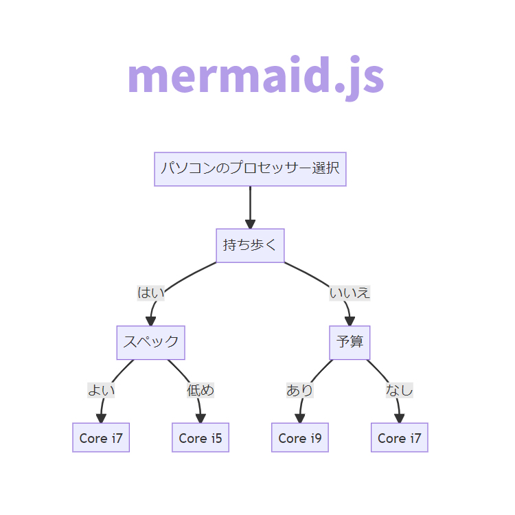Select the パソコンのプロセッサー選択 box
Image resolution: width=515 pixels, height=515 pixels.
coord(250,169)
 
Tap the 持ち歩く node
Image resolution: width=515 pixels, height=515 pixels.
coord(250,245)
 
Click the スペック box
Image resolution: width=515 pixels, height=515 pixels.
coord(150,342)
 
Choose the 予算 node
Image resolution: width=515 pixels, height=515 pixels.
coord(350,342)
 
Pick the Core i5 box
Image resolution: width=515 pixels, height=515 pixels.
coord(200,437)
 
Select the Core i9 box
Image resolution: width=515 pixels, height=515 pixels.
coord(300,437)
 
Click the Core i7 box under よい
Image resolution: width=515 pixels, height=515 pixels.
coord(101,437)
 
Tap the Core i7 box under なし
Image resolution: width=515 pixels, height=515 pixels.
coord(400,437)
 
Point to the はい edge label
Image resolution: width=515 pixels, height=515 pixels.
coord(151,293)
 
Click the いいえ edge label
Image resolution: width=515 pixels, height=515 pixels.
coord(350,293)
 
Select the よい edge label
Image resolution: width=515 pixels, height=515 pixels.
coord(101,390)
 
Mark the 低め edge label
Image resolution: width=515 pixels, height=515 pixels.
coord(201,390)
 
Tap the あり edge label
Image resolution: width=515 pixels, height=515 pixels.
coord(299,390)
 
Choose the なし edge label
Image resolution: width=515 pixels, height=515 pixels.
coord(399,390)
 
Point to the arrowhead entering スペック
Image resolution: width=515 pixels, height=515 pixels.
coord(151,321)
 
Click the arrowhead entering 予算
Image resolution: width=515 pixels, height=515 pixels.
coord(350,321)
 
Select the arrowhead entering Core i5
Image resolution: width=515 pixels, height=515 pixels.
coord(201,418)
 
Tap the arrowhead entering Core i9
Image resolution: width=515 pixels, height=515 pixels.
coord(299,418)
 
